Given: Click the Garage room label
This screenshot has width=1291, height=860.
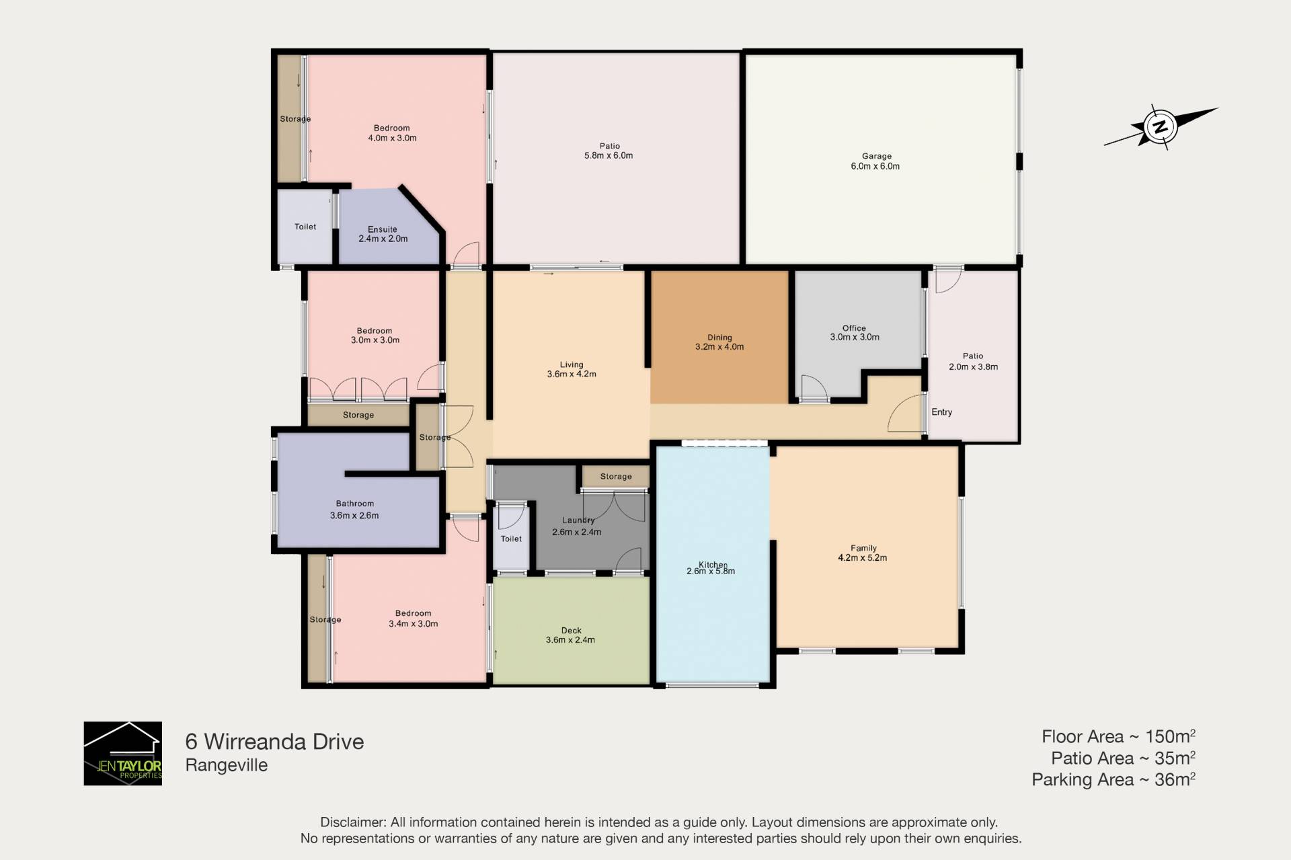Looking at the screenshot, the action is pos(876,156).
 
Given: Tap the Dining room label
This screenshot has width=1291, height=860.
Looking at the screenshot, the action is pos(719,338).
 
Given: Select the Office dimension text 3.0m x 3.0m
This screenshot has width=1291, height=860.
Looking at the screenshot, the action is pos(855,338).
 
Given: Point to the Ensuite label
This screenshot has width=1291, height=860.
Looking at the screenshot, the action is pos(383,229).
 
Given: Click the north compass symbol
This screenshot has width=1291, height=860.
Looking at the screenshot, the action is pos(1161,126).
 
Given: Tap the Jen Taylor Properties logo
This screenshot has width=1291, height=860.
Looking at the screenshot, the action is pos(123,753).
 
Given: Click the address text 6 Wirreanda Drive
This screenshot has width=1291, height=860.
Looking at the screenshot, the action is pos(274,742).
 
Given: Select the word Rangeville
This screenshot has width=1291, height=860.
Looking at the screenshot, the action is pos(227,765).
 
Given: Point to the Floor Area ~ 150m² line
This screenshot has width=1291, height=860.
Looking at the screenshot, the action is pos(1118,736).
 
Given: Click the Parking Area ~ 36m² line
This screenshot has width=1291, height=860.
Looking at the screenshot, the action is pos(1113,779).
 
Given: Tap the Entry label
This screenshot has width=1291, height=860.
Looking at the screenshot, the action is pos(941,412).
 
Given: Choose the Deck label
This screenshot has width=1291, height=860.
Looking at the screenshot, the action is pos(572,631).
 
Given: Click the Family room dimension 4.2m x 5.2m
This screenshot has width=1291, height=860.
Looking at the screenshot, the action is pos(863,558).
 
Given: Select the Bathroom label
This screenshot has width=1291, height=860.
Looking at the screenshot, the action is pos(355,504).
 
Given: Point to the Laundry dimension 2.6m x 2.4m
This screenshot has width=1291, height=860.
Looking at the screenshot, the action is pos(577,532).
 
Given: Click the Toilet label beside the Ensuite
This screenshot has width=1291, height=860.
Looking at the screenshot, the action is pos(305,227).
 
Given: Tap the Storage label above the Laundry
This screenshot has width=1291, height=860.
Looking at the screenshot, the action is pos(616,477).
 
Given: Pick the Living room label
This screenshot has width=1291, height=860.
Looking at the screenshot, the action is pos(572,364).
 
